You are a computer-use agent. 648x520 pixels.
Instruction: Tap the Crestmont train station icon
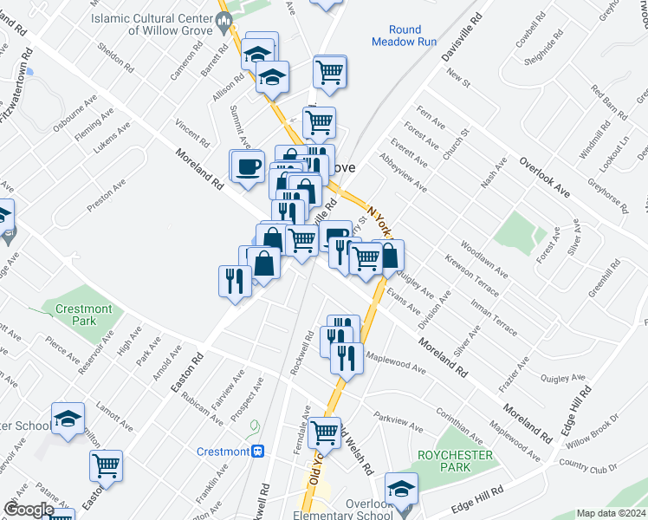click(257, 452)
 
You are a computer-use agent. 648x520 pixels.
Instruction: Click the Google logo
click(29, 510)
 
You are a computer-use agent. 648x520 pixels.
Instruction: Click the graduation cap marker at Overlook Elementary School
click(400, 489)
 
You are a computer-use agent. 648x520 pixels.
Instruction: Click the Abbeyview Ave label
click(403, 173)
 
